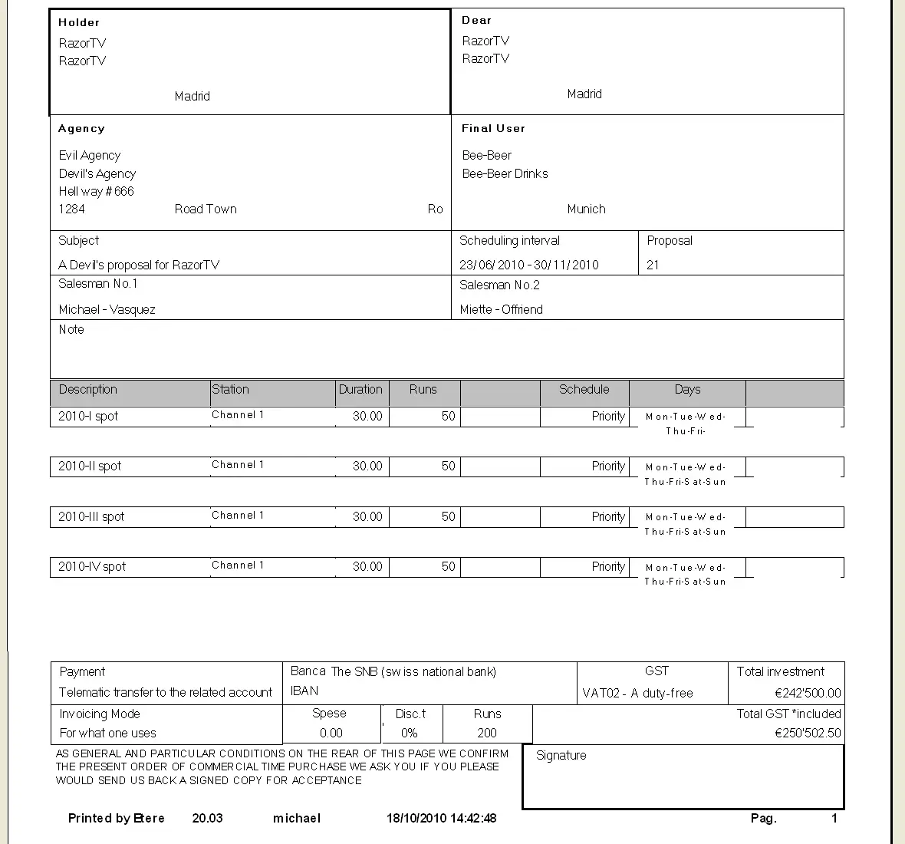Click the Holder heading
tap(79, 23)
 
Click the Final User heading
tap(493, 129)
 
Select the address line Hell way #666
tap(96, 192)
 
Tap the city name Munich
tap(586, 209)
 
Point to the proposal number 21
tap(653, 265)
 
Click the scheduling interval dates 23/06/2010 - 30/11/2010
tap(528, 265)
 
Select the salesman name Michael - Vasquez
tap(107, 310)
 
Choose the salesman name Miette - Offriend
tap(501, 310)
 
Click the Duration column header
tap(360, 390)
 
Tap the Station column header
tap(230, 390)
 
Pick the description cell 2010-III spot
tap(90, 517)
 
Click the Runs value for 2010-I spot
tap(448, 417)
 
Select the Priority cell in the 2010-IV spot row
tap(608, 567)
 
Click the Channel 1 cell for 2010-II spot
tap(238, 465)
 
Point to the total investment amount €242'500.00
tap(808, 694)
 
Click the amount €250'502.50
tap(808, 734)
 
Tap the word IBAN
tap(304, 691)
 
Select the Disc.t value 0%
tap(410, 734)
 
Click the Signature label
tap(561, 756)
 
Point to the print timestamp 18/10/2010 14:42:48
tap(441, 819)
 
